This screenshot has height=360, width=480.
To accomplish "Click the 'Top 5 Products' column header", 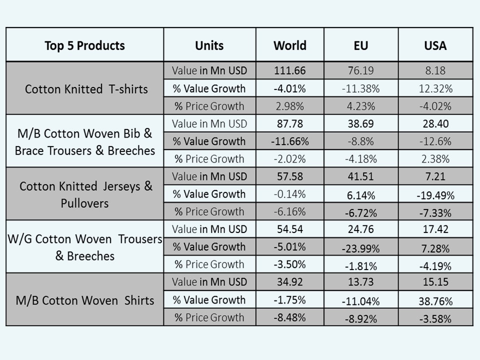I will (x=84, y=45).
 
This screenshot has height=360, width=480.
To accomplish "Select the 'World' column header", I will (x=289, y=45).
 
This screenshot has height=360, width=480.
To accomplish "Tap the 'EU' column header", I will (x=360, y=45).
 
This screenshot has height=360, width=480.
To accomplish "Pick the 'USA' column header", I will (x=435, y=45).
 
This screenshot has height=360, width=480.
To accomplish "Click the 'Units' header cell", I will (x=209, y=45).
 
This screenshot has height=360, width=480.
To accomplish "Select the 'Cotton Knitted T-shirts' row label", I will (x=86, y=89).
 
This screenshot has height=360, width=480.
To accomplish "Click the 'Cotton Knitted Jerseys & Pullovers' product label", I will (x=86, y=194).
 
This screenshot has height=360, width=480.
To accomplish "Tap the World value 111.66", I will (x=289, y=70).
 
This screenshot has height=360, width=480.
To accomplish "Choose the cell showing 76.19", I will (x=360, y=70).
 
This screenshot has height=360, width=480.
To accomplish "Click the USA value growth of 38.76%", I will (x=435, y=301).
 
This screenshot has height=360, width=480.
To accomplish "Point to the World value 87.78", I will (x=289, y=123).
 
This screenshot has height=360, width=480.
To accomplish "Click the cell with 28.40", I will (x=435, y=123).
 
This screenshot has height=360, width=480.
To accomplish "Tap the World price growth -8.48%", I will (x=289, y=317).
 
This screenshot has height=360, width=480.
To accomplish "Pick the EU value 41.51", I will (x=360, y=176).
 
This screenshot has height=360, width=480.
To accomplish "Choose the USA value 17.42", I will (x=435, y=229).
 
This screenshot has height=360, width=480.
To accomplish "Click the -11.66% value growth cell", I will (x=289, y=141).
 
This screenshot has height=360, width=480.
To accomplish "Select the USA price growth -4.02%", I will (x=435, y=106).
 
